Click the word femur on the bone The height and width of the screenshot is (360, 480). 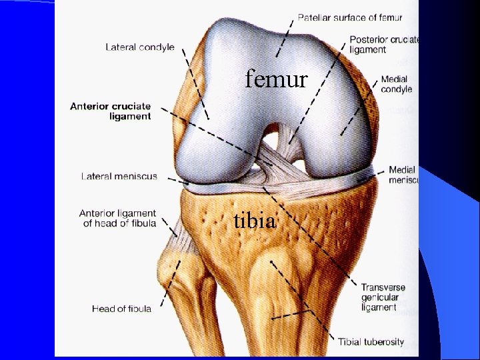[276, 80]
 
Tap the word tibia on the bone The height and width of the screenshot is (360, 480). [254, 219]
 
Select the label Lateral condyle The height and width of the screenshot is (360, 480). [140, 47]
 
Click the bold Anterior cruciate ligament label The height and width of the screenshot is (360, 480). [111, 111]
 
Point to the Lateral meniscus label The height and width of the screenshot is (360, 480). [119, 177]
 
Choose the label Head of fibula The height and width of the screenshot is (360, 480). [121, 309]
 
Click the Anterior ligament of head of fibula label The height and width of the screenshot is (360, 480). [117, 219]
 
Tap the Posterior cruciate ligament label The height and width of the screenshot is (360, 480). [384, 45]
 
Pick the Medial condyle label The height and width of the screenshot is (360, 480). [396, 84]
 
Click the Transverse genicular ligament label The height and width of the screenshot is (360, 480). [383, 297]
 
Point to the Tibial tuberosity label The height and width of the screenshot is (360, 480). [371, 342]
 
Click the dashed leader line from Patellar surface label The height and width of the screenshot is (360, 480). [282, 37]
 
